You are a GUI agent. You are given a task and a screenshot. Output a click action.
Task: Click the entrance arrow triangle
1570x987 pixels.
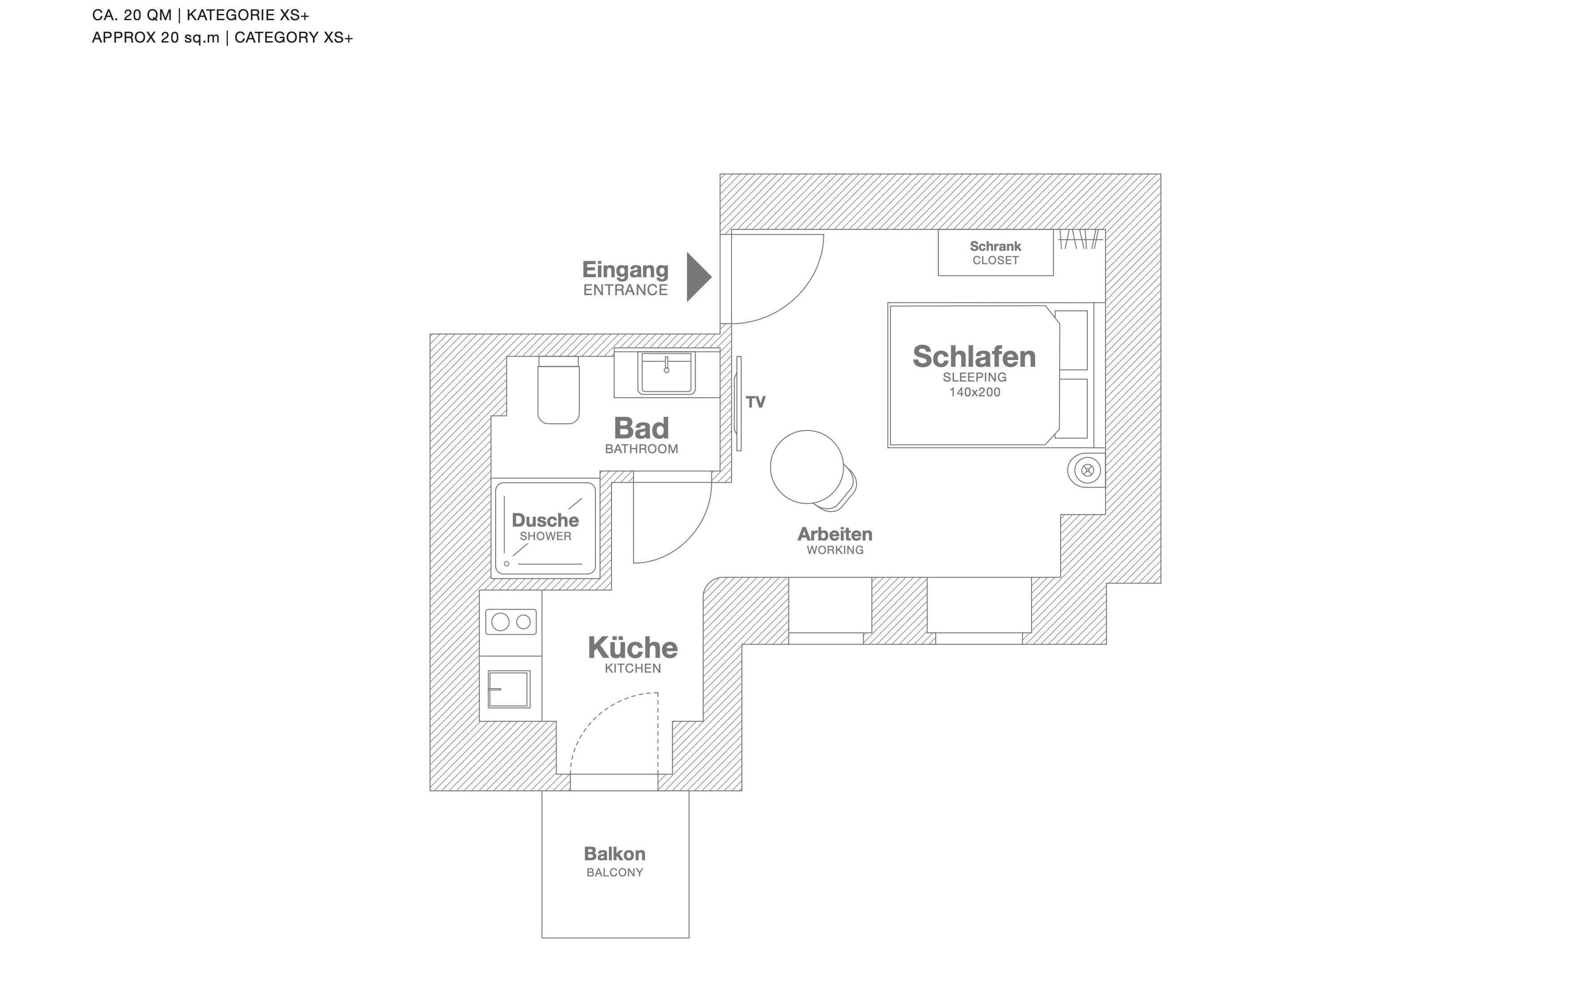point(697,277)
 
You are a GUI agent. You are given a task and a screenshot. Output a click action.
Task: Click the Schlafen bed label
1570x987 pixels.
point(974,356)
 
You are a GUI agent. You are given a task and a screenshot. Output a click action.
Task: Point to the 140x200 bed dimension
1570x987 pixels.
point(974,392)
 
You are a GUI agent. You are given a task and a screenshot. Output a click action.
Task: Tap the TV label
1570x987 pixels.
point(755,402)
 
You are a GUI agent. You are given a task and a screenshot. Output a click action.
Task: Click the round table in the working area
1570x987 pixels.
point(807,467)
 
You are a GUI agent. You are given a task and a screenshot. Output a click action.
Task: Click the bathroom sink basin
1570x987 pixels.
point(666,373)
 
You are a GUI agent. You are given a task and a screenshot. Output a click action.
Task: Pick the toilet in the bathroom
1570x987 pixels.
point(558,390)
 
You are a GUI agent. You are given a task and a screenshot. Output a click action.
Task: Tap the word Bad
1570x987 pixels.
point(642,428)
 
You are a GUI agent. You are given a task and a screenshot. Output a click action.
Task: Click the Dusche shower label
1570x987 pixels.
point(545,520)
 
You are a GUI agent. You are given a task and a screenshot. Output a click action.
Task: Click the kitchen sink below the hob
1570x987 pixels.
point(509,689)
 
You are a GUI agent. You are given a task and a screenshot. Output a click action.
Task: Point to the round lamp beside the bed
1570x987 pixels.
point(1087,470)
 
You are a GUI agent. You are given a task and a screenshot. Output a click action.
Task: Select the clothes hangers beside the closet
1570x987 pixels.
point(1080,240)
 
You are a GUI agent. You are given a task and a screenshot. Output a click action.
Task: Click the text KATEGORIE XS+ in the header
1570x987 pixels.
point(248,15)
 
